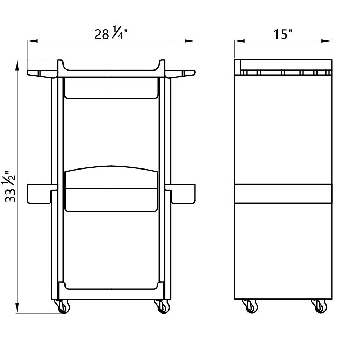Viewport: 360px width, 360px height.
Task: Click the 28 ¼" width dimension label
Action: [x=111, y=33]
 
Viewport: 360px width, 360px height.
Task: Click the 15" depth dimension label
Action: [x=283, y=35]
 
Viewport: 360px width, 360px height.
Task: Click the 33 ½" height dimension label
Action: [x=10, y=186]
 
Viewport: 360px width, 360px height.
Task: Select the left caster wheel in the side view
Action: [x=250, y=306]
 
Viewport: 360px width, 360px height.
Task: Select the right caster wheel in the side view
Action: [x=319, y=306]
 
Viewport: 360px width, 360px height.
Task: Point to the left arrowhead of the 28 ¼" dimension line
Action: [x=32, y=41]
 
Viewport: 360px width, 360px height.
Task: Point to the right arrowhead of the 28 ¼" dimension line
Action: [x=190, y=41]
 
